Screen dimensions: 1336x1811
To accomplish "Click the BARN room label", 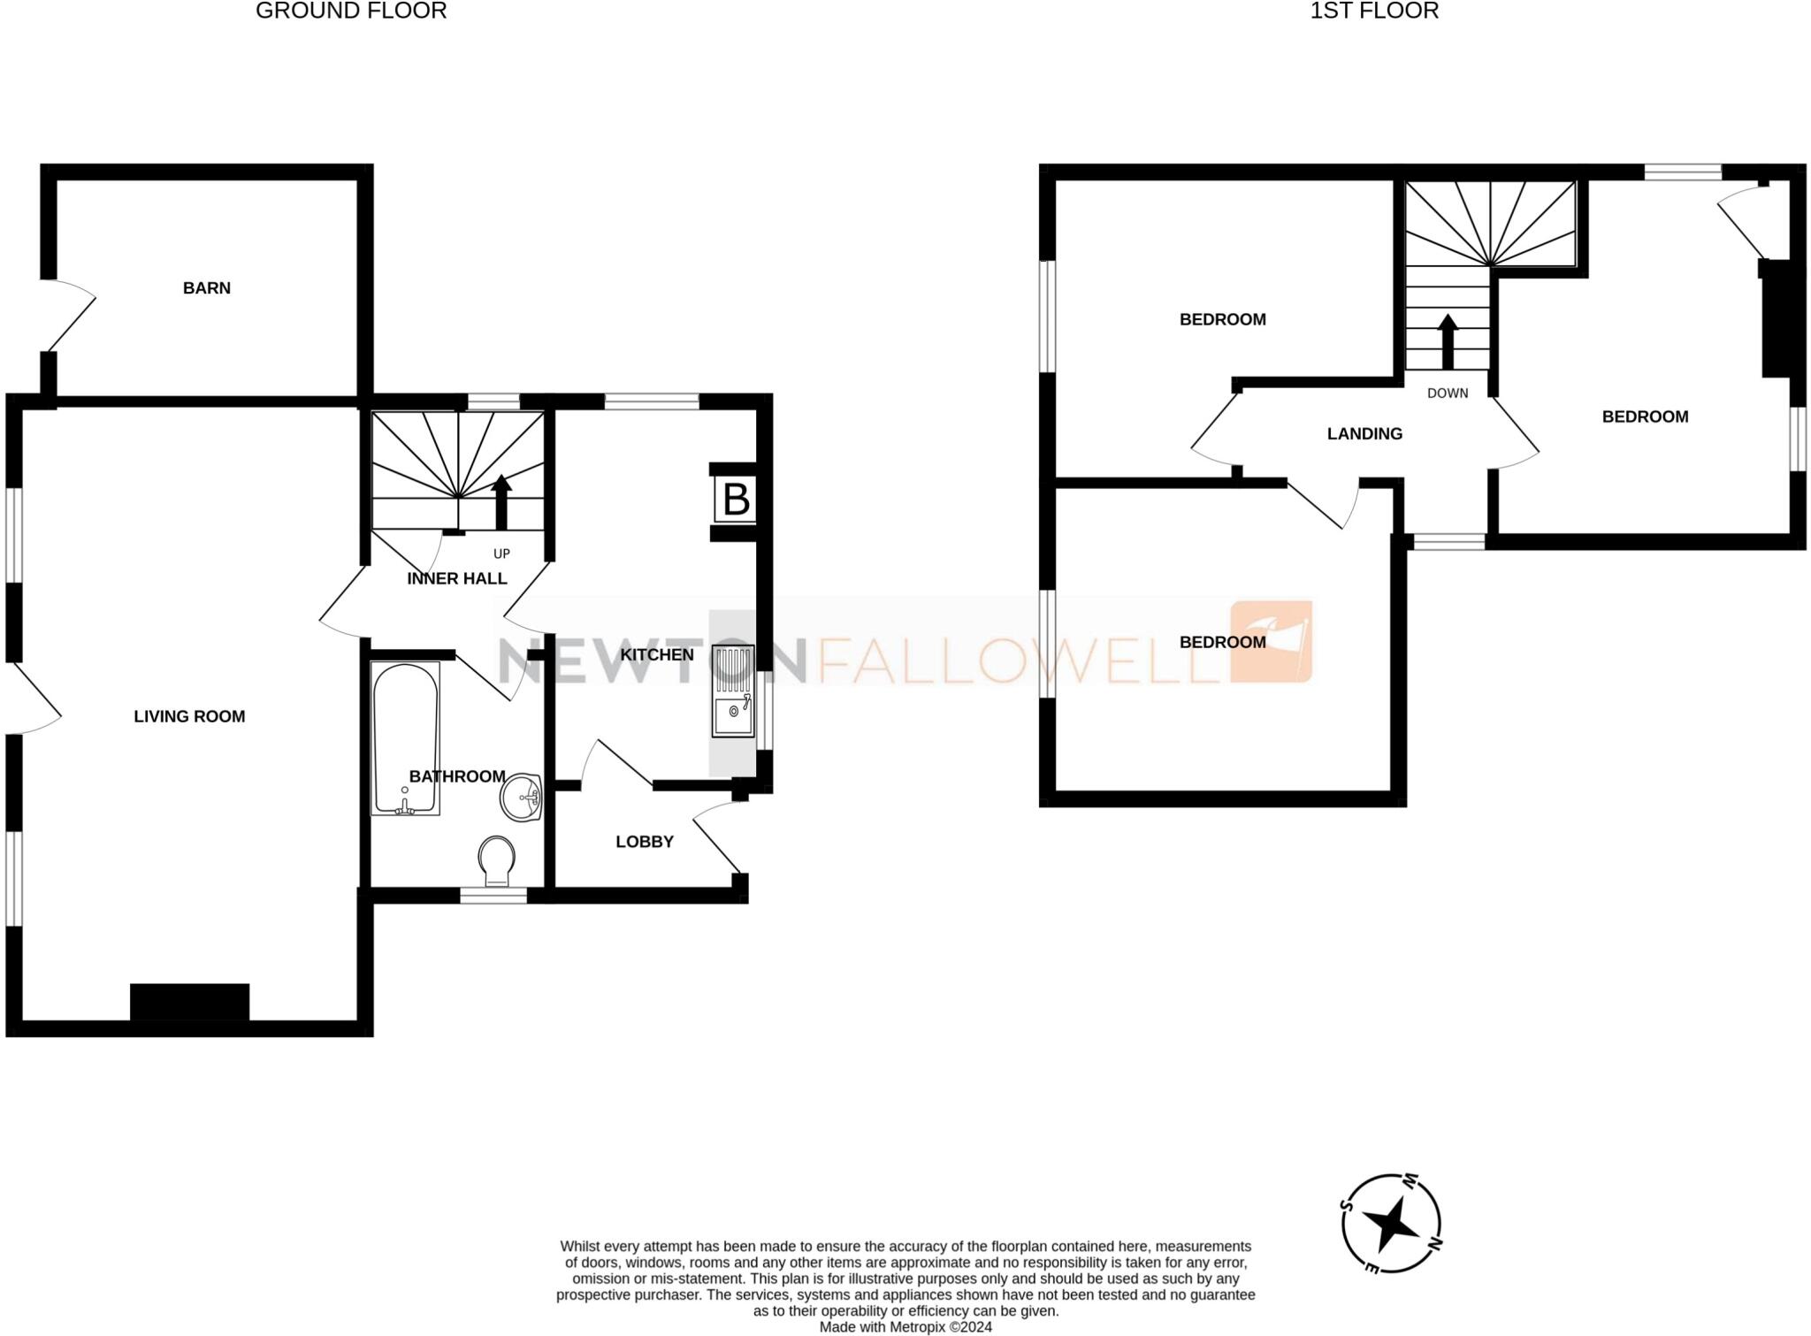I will tap(206, 287).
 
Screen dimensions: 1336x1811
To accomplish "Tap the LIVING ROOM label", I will tap(189, 716).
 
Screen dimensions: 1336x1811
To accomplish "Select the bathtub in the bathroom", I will tap(405, 739).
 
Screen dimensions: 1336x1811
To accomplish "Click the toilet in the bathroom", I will tap(497, 860).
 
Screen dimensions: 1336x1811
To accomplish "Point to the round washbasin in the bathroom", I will tap(522, 798).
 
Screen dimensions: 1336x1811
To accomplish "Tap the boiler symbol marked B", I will tap(736, 500).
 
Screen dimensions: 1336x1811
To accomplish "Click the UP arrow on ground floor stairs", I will tap(501, 500).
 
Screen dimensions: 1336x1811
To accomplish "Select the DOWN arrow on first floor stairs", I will tap(1448, 341).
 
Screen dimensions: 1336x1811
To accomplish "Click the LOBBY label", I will tap(645, 842).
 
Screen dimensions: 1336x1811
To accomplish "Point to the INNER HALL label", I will tap(456, 578).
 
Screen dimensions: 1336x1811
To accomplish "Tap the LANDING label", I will tap(1364, 433).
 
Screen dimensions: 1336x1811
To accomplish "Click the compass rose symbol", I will tap(1392, 1224).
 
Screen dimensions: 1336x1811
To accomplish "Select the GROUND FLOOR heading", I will tap(351, 11).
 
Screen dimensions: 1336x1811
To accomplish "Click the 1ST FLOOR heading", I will tap(1374, 11).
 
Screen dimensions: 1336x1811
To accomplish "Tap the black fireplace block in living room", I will tap(189, 1002).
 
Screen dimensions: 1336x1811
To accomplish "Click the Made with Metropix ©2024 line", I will tap(905, 1327).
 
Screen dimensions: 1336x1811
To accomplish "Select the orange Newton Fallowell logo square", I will tap(1271, 642).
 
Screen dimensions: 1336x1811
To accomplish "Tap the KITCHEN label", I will tap(656, 654).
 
